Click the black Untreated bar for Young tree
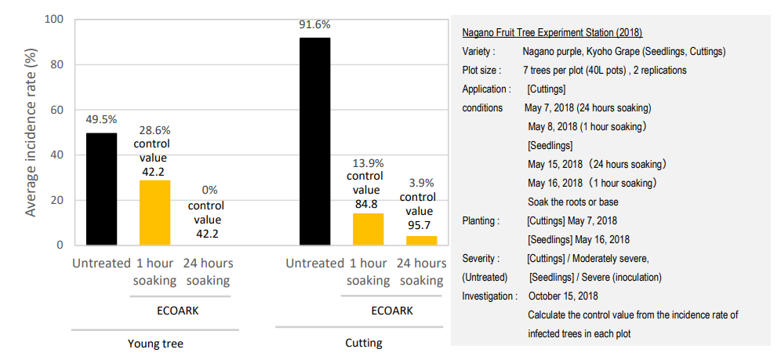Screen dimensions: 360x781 (x=101, y=189)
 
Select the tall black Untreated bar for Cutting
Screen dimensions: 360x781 (x=314, y=141)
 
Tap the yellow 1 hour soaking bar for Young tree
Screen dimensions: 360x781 (x=154, y=213)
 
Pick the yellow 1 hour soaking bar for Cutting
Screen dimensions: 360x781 (x=368, y=229)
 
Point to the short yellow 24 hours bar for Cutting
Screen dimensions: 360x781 (x=421, y=240)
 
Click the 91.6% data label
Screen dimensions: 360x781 (x=314, y=25)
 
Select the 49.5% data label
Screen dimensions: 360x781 (x=101, y=120)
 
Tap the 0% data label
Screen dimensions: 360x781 (x=209, y=190)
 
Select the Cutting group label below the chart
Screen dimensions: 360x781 (x=364, y=343)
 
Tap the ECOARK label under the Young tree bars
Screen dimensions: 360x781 (x=178, y=311)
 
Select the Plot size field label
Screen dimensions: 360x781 (x=481, y=71)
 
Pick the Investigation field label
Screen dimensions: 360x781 (x=489, y=296)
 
